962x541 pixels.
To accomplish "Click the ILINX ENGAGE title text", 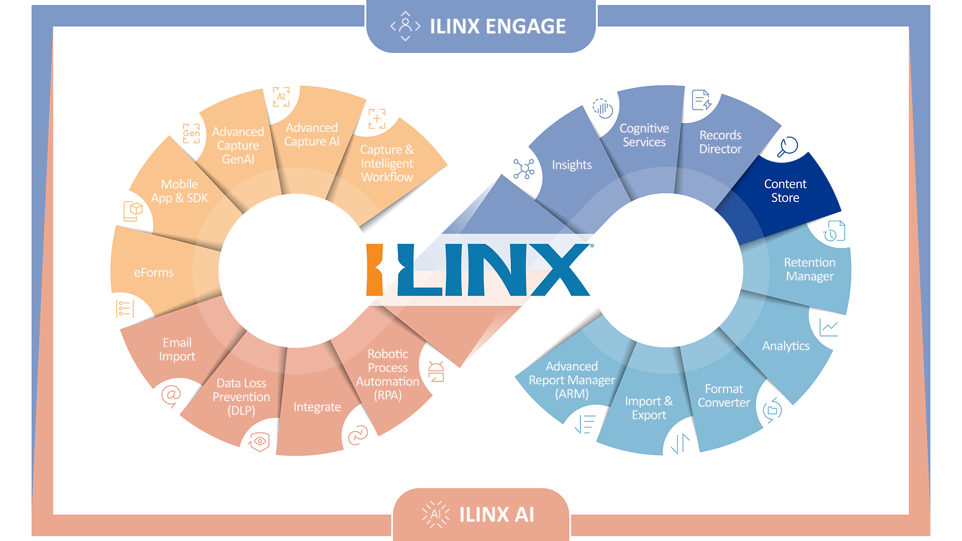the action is coord(498,27).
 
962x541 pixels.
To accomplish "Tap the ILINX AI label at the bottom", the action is coord(497,514).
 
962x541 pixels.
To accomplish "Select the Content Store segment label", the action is coord(785,191).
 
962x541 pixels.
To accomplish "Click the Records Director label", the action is coord(720,142).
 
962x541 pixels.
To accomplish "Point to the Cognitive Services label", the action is coord(644,135).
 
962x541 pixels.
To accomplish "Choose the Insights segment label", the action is coord(572,165).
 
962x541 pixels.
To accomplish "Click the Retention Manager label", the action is coord(810,269).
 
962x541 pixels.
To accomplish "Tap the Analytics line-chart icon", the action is coord(829,328).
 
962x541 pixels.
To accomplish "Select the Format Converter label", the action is coord(724,396).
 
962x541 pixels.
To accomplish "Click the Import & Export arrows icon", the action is coord(680,443).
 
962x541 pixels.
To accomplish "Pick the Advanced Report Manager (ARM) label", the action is coord(572,380).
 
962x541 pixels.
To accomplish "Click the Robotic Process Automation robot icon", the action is coord(436,372).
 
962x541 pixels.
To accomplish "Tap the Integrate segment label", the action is coord(317,407).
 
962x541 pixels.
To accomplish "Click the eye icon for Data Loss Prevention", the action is coord(259,441).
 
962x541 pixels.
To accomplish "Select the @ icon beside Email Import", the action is coord(171,396).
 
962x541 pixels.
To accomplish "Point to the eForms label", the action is coord(154,273).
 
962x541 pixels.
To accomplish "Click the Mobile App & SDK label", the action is coord(179,191).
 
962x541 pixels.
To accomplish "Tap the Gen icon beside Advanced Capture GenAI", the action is coord(191,133).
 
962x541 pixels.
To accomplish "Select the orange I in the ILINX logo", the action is coord(375,269).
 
